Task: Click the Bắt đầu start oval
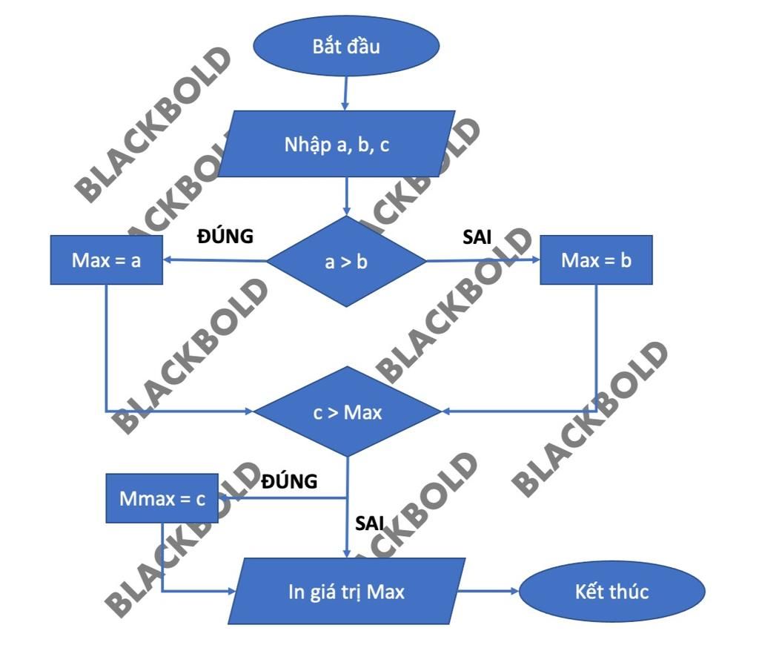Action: (x=345, y=47)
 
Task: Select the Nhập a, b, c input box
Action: (x=337, y=144)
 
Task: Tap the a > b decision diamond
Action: (x=346, y=261)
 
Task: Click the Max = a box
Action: (x=106, y=260)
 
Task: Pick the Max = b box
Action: (x=596, y=260)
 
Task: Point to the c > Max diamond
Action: (x=347, y=411)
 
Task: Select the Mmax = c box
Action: (x=162, y=498)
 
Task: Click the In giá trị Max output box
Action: (x=346, y=592)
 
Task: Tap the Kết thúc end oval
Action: (x=611, y=592)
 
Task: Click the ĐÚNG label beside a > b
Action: (x=225, y=236)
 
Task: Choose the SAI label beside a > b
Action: (x=477, y=237)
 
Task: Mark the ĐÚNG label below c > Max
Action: (x=289, y=481)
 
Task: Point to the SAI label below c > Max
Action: (x=370, y=523)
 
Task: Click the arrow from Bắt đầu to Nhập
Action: (x=345, y=93)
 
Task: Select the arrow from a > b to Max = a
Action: (x=215, y=260)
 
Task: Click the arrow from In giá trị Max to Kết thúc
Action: (x=488, y=592)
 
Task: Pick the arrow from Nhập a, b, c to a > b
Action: (x=346, y=196)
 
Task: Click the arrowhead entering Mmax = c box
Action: (x=224, y=498)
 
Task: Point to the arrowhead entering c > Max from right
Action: (x=445, y=411)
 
